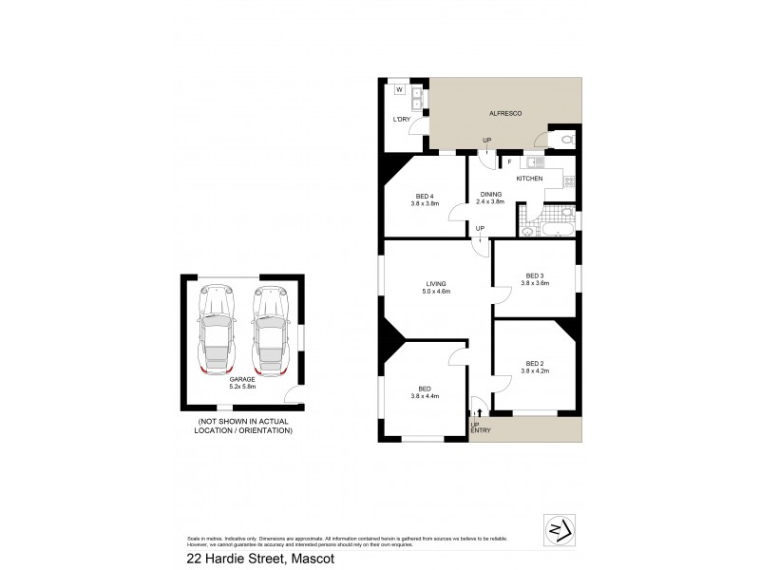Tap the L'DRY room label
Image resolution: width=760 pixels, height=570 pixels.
(401, 119)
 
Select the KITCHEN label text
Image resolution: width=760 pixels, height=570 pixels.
(529, 179)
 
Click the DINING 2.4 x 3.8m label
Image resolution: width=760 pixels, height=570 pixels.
(490, 199)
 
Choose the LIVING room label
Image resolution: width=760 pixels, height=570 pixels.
(436, 285)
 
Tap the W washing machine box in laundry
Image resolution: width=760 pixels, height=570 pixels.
(399, 90)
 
